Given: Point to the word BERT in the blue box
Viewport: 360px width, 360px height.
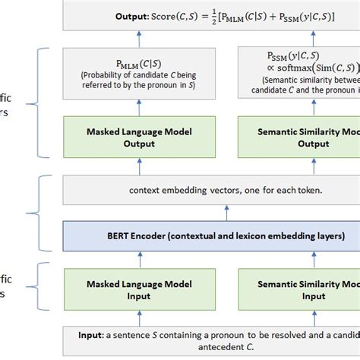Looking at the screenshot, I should pyautogui.click(x=96, y=236).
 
